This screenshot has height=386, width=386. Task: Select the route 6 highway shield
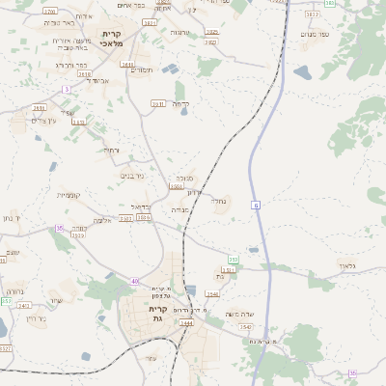pos(256,206)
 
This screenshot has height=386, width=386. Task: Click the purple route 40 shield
pos(134,281)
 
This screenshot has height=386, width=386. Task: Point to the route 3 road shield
pos(67,89)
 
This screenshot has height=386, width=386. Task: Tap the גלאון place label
pos(346,264)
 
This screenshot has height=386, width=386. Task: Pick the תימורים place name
pos(142,69)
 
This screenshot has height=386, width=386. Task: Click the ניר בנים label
pos(132,176)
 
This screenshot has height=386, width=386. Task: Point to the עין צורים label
pos(45,121)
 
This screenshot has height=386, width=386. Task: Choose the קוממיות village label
pos(68,195)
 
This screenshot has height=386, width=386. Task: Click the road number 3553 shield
pos(232,259)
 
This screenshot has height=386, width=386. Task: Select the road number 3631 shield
pos(127,65)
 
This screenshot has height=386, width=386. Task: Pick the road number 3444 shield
pos(187,323)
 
